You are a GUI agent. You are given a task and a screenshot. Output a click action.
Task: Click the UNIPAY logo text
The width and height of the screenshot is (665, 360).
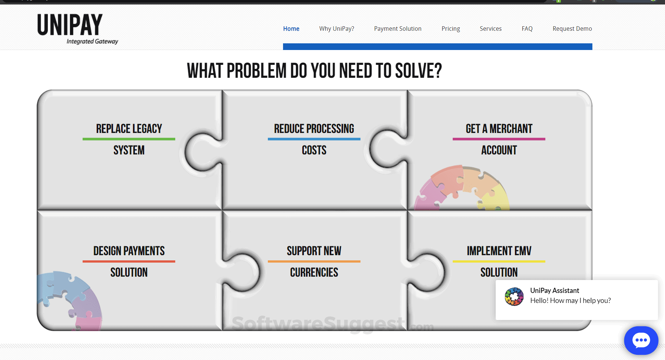pos(70,25)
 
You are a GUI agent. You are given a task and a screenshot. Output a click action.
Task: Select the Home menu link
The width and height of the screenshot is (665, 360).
pos(291,29)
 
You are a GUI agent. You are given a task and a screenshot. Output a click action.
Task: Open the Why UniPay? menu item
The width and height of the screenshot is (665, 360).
pos(337,29)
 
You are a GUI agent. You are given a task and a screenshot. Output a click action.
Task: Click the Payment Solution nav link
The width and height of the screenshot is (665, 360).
pos(398,29)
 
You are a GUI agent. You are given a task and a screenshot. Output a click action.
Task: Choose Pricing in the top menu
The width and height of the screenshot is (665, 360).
pos(451,29)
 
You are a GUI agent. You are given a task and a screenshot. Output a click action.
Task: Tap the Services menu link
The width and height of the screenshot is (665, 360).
pos(491,29)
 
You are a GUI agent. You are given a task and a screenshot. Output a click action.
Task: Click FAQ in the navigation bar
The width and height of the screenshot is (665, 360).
pos(527,29)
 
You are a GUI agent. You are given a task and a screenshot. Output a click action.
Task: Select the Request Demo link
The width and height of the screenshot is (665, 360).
pos(572,29)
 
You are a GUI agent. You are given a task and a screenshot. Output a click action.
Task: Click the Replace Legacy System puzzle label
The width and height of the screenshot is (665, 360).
pos(129,139)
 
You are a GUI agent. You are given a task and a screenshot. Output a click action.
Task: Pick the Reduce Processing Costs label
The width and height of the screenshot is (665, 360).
pos(314,139)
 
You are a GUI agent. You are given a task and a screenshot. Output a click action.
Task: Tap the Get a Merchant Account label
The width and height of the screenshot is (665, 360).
pos(499,139)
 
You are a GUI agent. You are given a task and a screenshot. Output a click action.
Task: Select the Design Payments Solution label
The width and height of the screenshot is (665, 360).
pos(129,261)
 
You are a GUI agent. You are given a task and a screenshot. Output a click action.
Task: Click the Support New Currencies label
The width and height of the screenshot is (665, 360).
pos(314,261)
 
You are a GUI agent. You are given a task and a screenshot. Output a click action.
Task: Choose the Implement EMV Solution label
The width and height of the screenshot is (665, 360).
pos(499,261)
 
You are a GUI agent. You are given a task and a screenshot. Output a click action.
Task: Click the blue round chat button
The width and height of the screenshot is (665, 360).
pos(641,340)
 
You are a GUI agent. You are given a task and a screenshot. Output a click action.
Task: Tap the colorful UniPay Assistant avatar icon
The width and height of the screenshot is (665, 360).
pos(514,297)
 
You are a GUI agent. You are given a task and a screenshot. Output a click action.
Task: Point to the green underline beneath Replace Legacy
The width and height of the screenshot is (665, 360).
pos(129,139)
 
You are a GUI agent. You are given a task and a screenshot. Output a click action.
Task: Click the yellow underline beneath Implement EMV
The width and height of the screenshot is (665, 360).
pos(499,261)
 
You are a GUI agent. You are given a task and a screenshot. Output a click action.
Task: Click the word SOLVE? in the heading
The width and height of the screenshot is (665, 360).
pos(419,71)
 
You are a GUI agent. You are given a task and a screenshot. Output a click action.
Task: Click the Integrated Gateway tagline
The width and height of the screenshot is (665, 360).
pos(92,41)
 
